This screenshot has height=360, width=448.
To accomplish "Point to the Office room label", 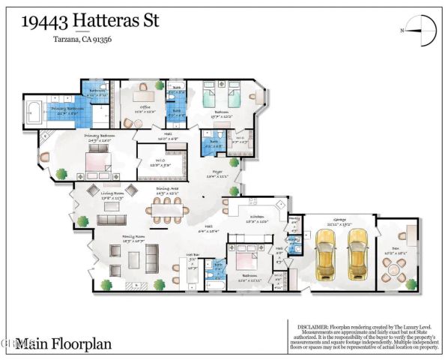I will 145,107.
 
